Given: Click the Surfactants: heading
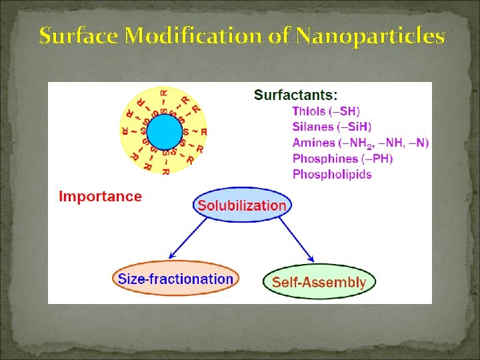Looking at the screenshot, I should pyautogui.click(x=295, y=95).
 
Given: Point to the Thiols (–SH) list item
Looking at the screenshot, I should pyautogui.click(x=326, y=111).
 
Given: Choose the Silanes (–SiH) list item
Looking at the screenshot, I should pyautogui.click(x=332, y=127).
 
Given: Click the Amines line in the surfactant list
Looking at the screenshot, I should pyautogui.click(x=360, y=143).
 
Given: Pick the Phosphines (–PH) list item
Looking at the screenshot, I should pyautogui.click(x=343, y=159).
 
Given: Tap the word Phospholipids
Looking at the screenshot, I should pyautogui.click(x=332, y=175).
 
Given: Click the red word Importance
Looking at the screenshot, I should pyautogui.click(x=100, y=197).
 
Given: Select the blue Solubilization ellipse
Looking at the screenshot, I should pyautogui.click(x=242, y=205).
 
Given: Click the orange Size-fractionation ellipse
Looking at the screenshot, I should pyautogui.click(x=175, y=279).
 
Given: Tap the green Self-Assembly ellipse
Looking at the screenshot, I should pyautogui.click(x=319, y=282).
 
